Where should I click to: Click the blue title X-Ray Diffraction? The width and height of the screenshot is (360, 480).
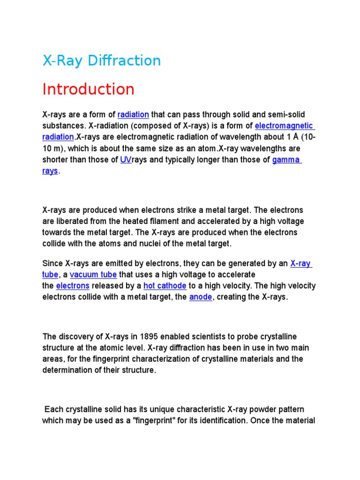tap(101, 60)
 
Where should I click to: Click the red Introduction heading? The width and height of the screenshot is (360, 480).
tap(88, 89)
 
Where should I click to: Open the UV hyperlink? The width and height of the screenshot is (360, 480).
tap(126, 160)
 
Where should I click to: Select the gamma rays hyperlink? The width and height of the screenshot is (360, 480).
tap(286, 160)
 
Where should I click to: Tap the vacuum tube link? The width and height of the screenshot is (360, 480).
tap(93, 275)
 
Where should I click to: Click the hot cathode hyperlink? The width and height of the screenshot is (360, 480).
tap(165, 286)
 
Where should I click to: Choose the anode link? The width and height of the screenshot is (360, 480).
tap(201, 297)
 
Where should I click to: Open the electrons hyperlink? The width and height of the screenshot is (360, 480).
tap(73, 286)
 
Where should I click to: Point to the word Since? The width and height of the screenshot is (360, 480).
tap(52, 263)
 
